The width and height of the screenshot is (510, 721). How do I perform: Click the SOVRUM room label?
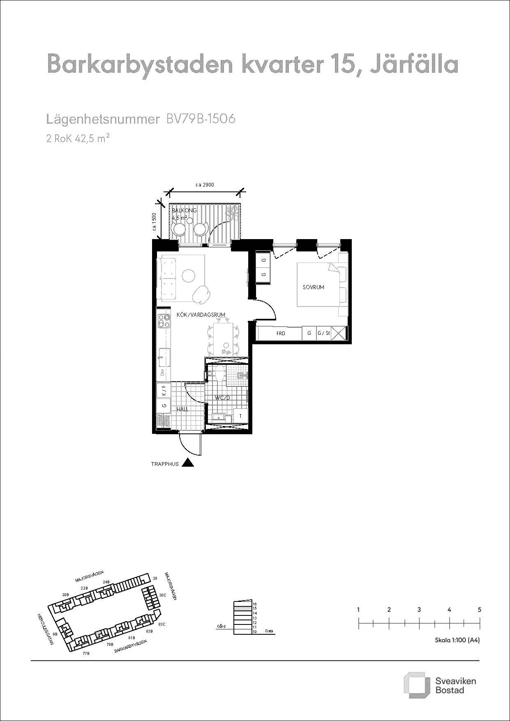click(x=313, y=287)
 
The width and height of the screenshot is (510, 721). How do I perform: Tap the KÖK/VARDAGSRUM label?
click(x=201, y=315)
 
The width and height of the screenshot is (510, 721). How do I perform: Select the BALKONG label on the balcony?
click(x=184, y=210)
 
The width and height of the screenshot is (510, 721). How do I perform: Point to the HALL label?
click(x=182, y=409)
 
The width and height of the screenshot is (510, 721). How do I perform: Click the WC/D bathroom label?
click(x=222, y=398)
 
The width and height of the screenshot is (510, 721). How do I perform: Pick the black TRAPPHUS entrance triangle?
click(x=188, y=463)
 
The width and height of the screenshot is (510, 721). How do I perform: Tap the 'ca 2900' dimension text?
click(x=205, y=185)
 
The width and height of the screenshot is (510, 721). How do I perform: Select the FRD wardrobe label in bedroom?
click(x=281, y=333)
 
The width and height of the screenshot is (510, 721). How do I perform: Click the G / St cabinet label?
click(x=323, y=333)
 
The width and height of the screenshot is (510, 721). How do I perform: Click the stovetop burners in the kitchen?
click(x=164, y=321)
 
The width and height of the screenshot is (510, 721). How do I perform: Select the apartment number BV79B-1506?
click(x=201, y=119)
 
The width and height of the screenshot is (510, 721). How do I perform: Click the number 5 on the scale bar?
click(x=480, y=609)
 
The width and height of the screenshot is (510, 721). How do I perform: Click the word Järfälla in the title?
click(x=413, y=64)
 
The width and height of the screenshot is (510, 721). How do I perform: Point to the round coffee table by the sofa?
click(x=189, y=275)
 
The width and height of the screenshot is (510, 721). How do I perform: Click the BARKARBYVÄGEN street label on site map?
click(x=131, y=645)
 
